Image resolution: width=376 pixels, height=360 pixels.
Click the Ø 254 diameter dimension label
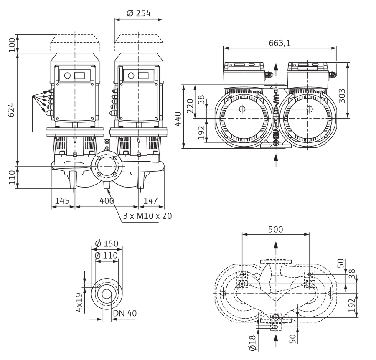tap(139, 13)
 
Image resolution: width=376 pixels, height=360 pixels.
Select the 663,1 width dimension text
tap(279, 43)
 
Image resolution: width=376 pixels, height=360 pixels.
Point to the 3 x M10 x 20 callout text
tap(147, 216)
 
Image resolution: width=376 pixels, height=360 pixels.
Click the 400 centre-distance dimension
tap(107, 200)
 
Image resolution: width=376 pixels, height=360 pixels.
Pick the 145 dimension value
tap(62, 200)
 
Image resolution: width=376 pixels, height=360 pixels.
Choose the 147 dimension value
tap(150, 200)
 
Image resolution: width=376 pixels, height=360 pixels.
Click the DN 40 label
tap(125, 313)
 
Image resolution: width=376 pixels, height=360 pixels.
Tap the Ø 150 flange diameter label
tap(107, 243)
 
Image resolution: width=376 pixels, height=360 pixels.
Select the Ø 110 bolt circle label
tap(106, 255)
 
